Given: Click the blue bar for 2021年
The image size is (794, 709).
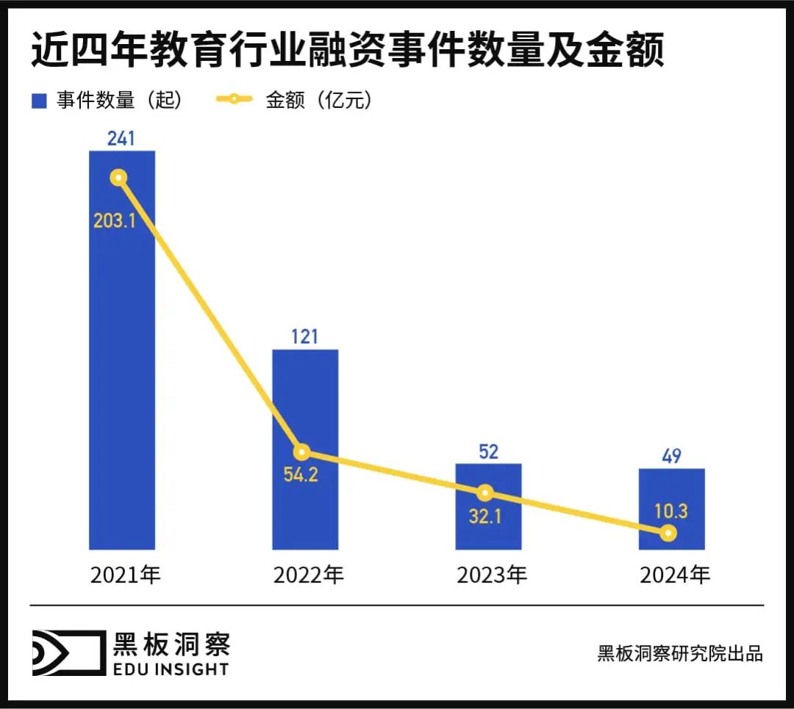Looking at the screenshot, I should [122, 367].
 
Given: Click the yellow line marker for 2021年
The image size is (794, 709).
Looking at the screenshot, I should [118, 178].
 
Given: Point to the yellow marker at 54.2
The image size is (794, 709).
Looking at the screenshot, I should [301, 452].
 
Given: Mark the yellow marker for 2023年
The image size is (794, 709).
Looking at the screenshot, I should [484, 492].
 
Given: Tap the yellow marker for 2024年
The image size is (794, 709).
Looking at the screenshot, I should [668, 533].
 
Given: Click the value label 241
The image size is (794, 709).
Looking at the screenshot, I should [121, 137].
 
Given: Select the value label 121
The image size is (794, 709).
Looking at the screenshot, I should [304, 336].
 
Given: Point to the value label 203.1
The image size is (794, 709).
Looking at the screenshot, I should [115, 220].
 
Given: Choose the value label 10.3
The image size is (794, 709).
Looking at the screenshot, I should [671, 511].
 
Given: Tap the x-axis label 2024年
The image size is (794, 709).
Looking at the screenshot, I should [675, 575].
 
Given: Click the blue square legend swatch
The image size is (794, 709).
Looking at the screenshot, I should [40, 101].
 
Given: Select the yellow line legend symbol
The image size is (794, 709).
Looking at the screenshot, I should [234, 100].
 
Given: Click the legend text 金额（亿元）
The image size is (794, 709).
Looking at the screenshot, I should [319, 101].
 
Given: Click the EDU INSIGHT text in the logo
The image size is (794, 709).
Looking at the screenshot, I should [170, 669].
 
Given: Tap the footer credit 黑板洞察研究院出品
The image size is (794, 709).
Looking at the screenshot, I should [680, 653].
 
